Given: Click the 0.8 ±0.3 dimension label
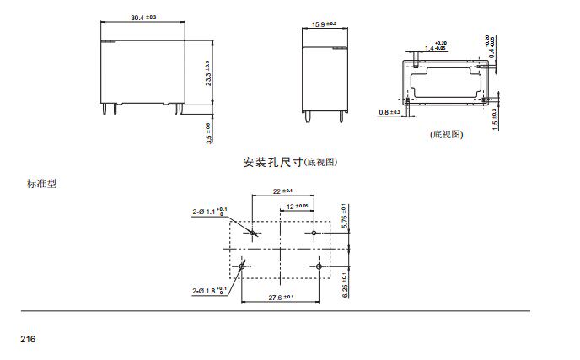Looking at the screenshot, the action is click(x=389, y=111).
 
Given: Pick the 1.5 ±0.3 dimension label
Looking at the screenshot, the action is click(x=494, y=119).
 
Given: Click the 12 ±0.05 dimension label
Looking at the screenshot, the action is click(x=297, y=206).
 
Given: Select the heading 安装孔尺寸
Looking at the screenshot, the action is click(x=271, y=161).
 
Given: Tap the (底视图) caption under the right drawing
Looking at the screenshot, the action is click(x=447, y=134).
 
